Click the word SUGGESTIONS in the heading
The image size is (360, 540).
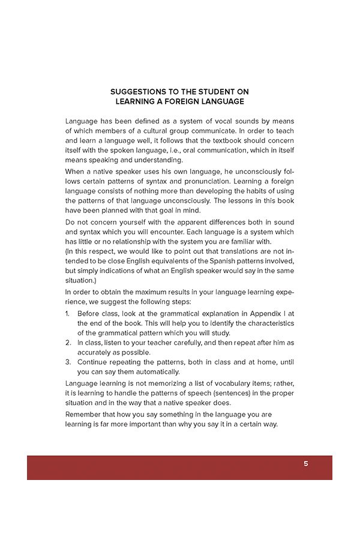click(x=136, y=92)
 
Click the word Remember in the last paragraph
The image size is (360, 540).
click(x=84, y=415)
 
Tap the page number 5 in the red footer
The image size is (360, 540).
click(x=305, y=464)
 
